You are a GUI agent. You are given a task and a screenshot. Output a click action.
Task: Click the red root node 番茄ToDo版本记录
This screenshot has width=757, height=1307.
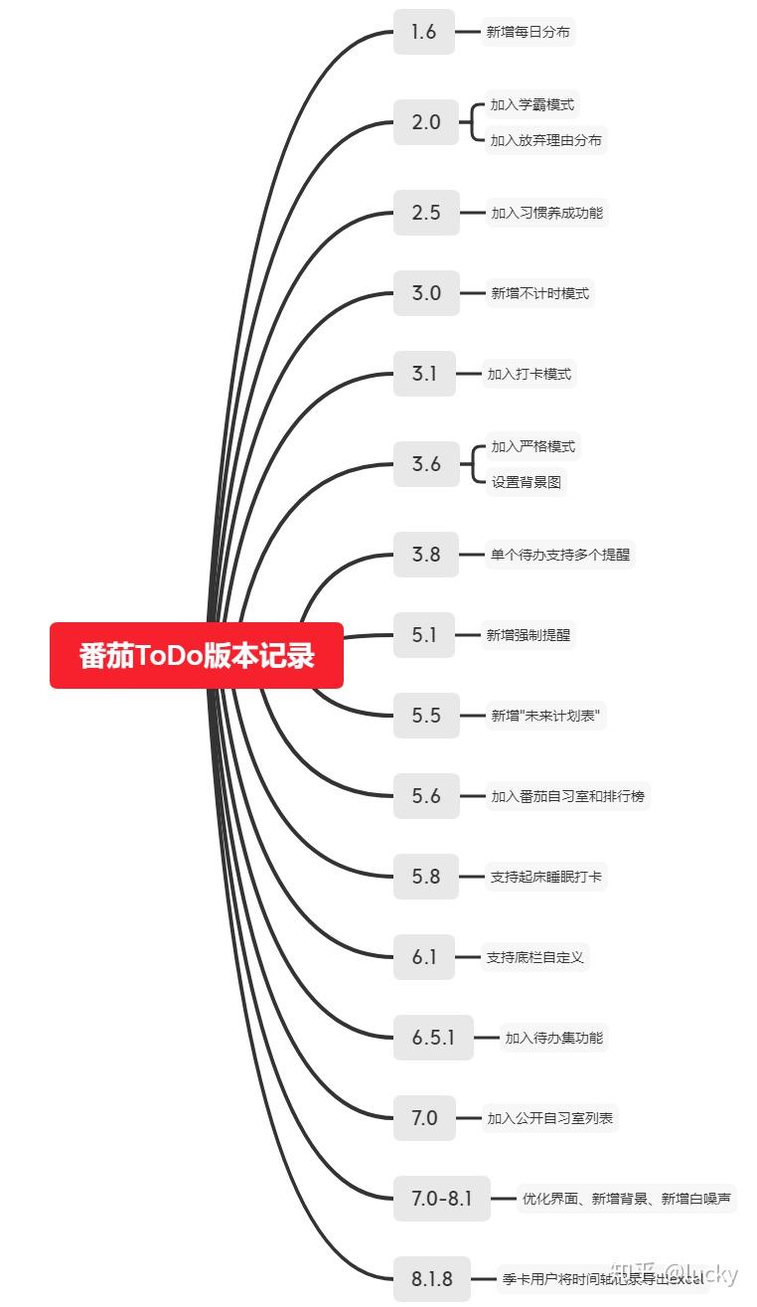click(x=197, y=656)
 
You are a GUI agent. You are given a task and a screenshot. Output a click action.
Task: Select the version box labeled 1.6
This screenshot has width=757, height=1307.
click(x=424, y=32)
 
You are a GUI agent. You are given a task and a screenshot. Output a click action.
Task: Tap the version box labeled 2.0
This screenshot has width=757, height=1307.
click(x=426, y=122)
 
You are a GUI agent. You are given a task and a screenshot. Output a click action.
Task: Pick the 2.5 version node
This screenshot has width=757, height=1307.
click(x=426, y=213)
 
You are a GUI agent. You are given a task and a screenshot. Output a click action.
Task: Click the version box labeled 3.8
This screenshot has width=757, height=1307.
click(x=426, y=555)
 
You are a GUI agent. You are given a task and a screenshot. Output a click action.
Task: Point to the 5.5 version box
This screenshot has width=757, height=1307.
click(x=426, y=716)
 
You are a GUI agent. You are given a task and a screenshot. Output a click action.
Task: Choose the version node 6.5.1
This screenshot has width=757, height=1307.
click(x=433, y=1038)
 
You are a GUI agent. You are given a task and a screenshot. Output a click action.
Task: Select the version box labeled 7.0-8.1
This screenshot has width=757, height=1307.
click(x=442, y=1199)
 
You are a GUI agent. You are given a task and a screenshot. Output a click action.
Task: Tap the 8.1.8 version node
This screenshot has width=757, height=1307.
click(x=432, y=1279)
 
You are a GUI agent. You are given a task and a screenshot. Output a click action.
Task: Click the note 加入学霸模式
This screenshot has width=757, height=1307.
click(x=532, y=104)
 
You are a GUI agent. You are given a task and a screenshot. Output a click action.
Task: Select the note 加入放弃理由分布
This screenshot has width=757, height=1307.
click(x=545, y=140)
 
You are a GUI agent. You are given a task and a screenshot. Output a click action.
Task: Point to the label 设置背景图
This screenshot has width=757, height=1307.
click(x=528, y=482)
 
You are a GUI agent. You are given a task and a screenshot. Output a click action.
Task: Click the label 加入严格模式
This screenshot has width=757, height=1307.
click(x=533, y=446)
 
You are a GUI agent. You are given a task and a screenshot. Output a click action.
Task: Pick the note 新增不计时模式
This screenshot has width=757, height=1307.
click(x=540, y=293)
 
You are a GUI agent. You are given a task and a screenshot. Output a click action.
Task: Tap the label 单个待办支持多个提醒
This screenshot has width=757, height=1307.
click(x=560, y=555)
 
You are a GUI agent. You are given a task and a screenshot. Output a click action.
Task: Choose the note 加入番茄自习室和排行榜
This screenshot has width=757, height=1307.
click(x=568, y=796)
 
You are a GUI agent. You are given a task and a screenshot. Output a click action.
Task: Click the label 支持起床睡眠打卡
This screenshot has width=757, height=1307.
click(x=546, y=877)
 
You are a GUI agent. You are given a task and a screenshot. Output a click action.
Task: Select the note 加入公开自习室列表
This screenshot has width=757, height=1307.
click(x=550, y=1118)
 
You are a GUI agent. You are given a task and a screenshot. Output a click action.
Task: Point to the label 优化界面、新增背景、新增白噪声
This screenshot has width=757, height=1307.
click(x=627, y=1199)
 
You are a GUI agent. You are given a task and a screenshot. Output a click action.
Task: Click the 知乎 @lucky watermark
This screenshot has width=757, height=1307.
click(x=676, y=1274)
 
